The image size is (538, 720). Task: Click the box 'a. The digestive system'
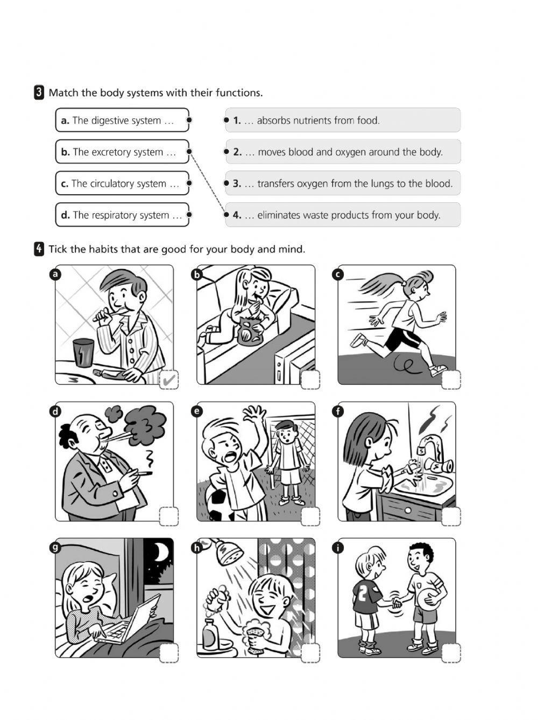click(122, 120)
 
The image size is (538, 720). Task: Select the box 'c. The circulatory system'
click(122, 183)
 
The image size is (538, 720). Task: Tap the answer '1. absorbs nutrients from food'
click(343, 120)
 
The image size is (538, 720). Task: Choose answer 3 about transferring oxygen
click(343, 183)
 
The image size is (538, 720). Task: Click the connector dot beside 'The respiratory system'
click(189, 215)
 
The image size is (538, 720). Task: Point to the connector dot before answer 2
click(226, 152)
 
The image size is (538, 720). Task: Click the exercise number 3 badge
click(39, 93)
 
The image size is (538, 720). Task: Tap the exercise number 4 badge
click(39, 249)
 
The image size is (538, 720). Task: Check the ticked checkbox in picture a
click(169, 380)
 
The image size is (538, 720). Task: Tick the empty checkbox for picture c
click(451, 380)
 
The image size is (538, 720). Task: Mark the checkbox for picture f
click(451, 517)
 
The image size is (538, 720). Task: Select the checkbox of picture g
click(169, 653)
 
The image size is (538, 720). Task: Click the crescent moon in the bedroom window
click(161, 551)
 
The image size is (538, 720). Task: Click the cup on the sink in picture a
click(83, 352)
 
